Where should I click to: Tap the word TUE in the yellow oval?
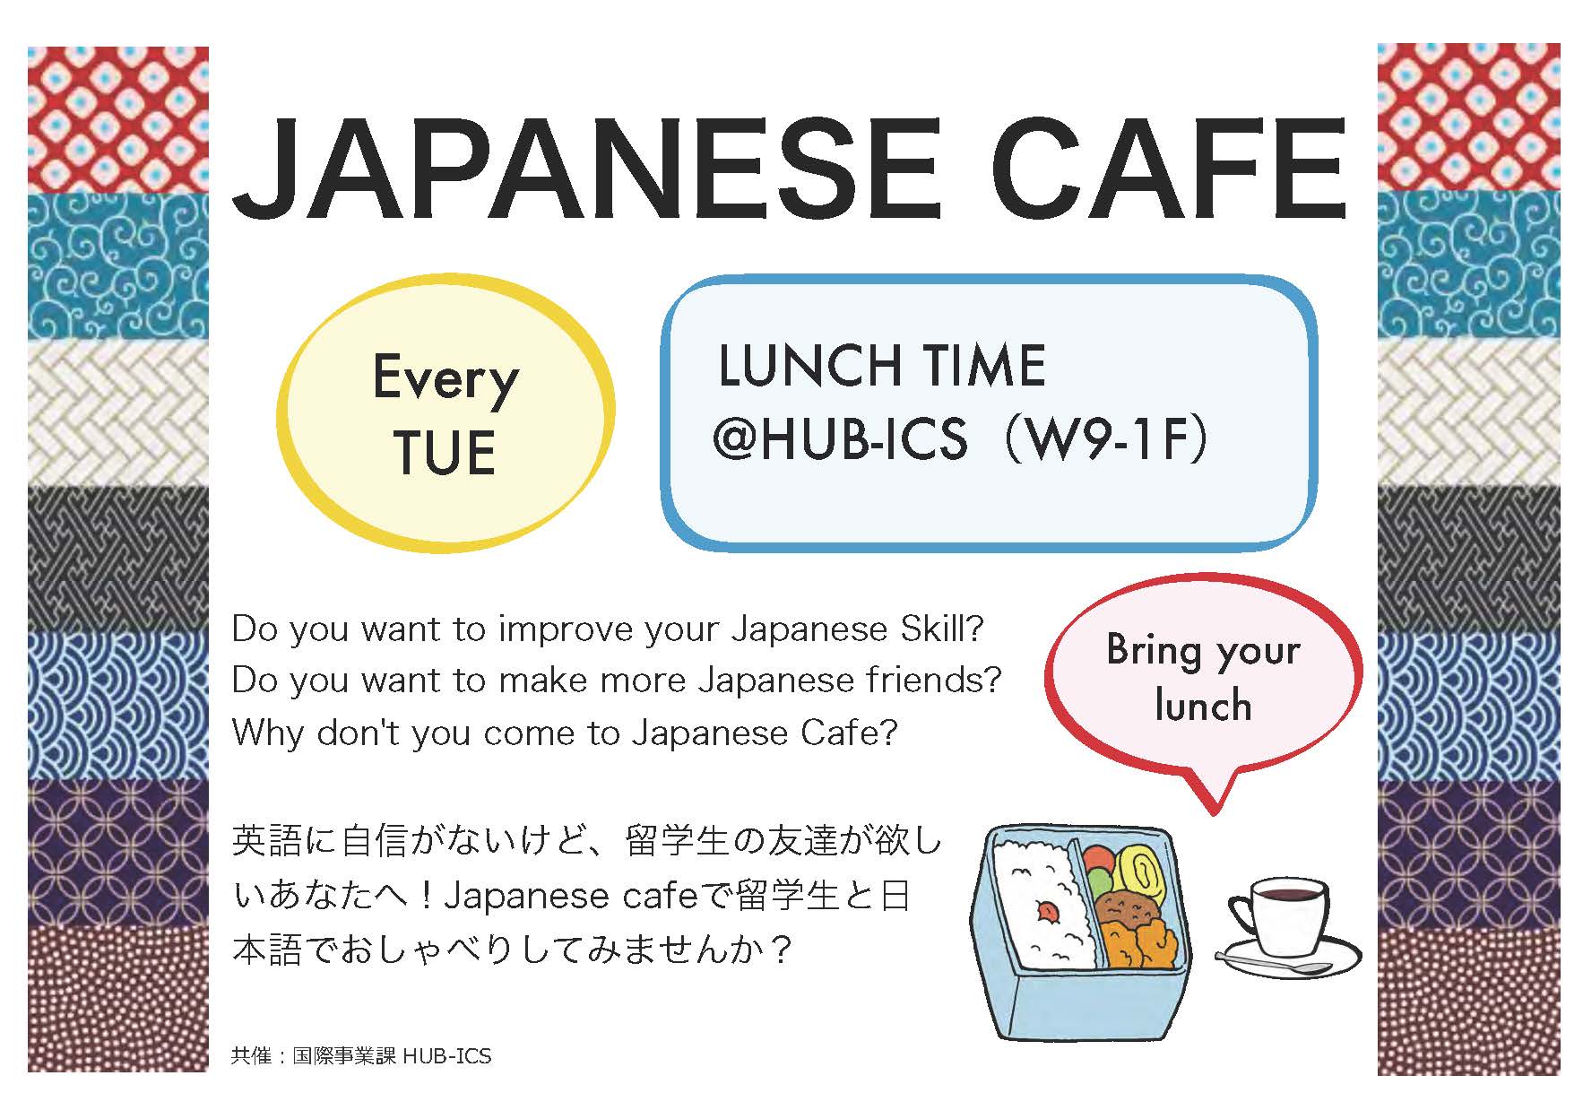[x=445, y=453]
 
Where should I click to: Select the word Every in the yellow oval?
[x=445, y=379]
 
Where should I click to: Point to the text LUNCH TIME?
[x=882, y=366]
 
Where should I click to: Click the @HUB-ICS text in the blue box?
[x=840, y=439]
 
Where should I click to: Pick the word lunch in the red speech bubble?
[x=1203, y=705]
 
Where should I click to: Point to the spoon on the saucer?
[x=1273, y=966]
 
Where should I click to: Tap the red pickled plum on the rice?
[x=1045, y=912]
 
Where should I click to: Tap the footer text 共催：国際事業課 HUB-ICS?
[x=361, y=1055]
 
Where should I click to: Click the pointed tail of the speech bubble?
[x=1215, y=813]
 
